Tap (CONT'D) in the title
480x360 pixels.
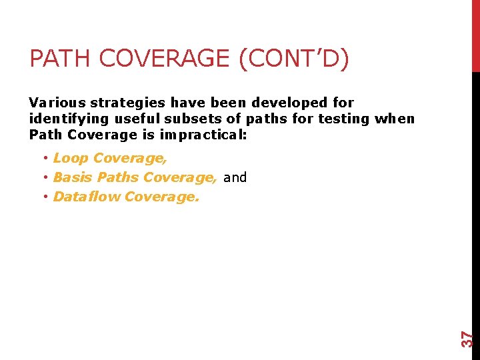(293, 59)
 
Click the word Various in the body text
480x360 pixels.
(57, 103)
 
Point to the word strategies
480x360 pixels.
(127, 103)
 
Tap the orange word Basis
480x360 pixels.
(73, 177)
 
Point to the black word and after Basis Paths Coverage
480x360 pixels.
(235, 177)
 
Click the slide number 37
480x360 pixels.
(469, 339)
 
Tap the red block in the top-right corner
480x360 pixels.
(475, 35)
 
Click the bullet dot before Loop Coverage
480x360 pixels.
(45, 159)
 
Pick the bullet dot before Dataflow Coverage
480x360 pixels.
(45, 197)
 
